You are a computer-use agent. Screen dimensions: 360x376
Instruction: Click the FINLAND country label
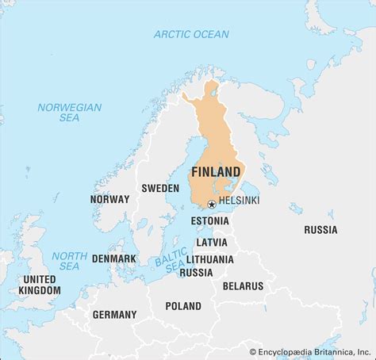216,172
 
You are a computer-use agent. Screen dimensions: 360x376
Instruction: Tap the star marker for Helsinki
211,204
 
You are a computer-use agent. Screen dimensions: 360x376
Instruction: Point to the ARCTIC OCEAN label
191,34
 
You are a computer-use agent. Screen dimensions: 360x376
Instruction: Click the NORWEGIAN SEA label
70,113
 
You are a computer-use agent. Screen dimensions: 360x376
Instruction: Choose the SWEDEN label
160,189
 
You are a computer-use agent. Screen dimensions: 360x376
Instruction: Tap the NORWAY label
109,199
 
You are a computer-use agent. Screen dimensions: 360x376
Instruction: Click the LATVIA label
210,242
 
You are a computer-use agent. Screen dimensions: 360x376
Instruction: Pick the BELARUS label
243,285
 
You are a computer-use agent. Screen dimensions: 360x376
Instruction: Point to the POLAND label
183,306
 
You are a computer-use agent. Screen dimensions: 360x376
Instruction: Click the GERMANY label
115,315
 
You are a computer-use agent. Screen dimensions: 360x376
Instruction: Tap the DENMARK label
113,259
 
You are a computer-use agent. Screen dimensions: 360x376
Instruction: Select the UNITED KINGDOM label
40,285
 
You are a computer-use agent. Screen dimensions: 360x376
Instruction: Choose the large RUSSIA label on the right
320,230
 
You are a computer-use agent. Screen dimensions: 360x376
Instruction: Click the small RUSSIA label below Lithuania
196,273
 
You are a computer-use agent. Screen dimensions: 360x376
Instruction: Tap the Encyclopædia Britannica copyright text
310,351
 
